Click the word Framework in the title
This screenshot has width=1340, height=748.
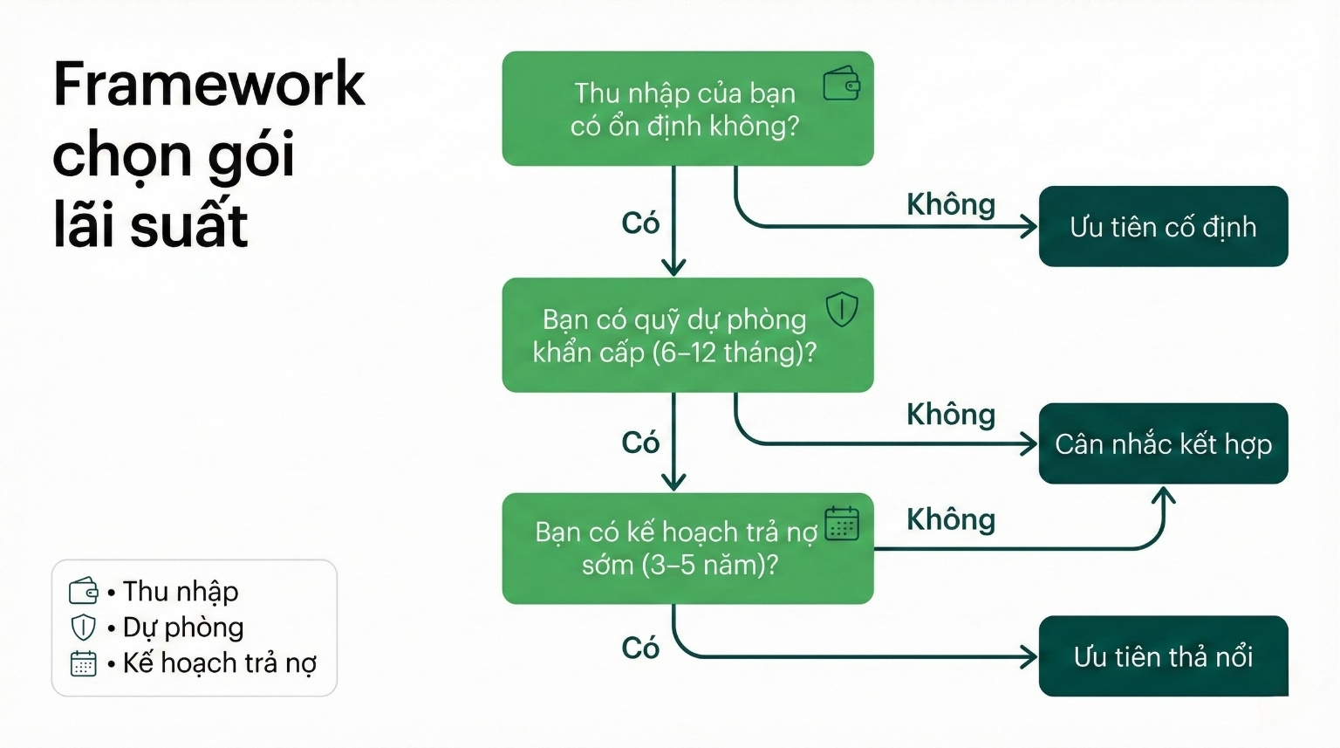(209, 85)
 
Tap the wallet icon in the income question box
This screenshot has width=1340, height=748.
(842, 84)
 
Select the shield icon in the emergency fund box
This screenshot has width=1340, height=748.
(842, 309)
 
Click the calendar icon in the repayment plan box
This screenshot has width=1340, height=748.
(842, 524)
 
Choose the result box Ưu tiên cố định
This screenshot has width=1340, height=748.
(1163, 227)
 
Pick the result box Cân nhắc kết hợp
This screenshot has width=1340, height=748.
(1163, 443)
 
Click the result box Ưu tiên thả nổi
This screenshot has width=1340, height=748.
(1163, 656)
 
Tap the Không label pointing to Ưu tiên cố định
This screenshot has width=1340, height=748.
(950, 204)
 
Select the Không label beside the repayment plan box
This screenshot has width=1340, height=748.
(950, 519)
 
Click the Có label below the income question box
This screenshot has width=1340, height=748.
(639, 223)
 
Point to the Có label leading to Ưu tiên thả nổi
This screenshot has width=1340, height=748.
(639, 648)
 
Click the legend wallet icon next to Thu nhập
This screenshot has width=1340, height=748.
(83, 591)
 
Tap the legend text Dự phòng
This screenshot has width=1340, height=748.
(183, 627)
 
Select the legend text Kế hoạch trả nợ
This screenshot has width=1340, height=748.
(219, 662)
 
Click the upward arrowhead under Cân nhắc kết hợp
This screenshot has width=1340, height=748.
(1164, 496)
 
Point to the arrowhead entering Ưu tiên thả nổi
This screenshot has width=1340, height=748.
(1029, 656)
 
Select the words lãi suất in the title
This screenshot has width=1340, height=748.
(150, 225)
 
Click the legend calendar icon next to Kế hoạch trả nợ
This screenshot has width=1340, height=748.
(83, 663)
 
